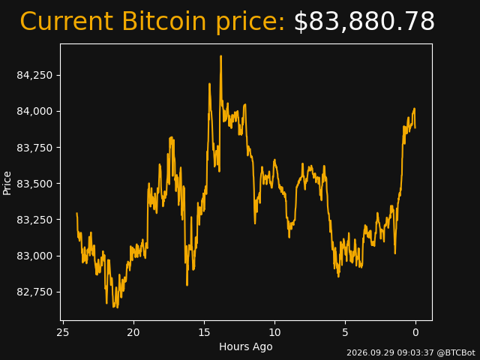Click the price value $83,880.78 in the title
coord(364,22)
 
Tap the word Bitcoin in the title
coord(164,21)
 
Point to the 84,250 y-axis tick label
coord(34,75)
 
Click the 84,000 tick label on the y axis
coord(34,112)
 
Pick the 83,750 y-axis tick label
coord(34,148)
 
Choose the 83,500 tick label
coord(34,184)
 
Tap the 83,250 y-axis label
coord(34,220)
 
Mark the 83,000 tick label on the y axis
coord(34,256)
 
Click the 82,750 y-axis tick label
coord(34,292)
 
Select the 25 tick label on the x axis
coord(63,333)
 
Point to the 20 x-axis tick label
coord(133,333)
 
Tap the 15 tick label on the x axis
coord(204,333)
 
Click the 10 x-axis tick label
coord(274,333)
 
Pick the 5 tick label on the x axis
coord(345,333)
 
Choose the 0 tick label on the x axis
coord(415,333)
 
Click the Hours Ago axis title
coord(246,346)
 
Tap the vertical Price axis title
coord(7,183)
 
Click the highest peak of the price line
coord(220,56)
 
